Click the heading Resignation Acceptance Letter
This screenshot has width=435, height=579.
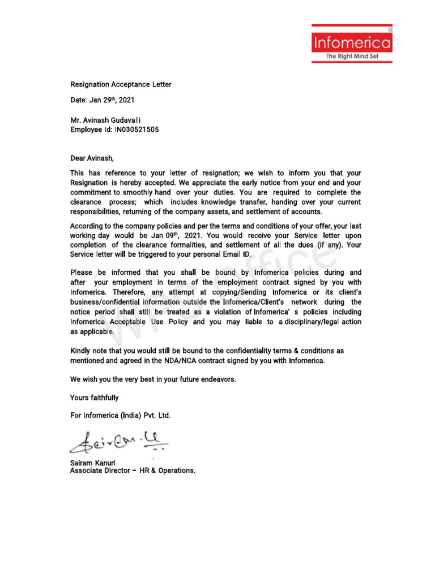coord(121,85)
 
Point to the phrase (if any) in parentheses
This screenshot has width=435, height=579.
coord(323,245)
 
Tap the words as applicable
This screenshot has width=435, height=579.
coord(92,332)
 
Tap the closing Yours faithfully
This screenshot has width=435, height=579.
coord(95,398)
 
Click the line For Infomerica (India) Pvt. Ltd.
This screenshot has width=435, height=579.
coord(120,416)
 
